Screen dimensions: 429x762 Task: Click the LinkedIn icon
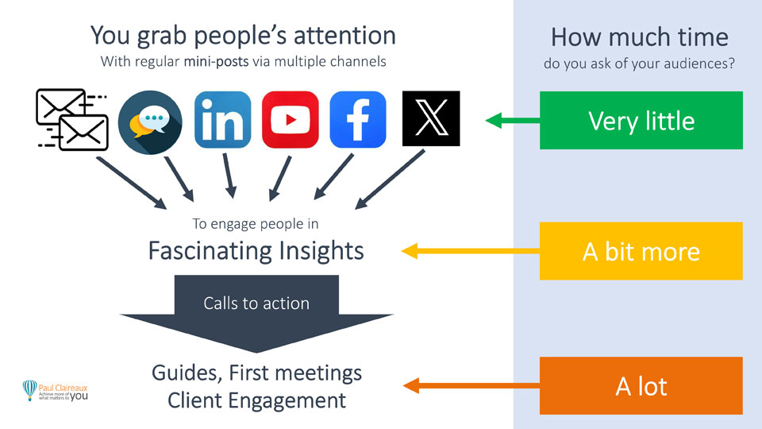click(x=222, y=120)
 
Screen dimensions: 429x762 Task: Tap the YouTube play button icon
click(x=290, y=120)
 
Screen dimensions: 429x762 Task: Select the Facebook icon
click(x=358, y=120)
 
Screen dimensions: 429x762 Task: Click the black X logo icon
click(x=431, y=120)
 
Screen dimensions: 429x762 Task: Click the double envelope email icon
click(x=73, y=120)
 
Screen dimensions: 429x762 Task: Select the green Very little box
click(x=641, y=121)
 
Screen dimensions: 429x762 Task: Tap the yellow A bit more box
click(x=641, y=251)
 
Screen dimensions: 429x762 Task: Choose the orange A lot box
click(x=641, y=386)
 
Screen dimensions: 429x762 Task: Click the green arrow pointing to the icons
click(x=511, y=121)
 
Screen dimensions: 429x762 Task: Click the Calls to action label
click(x=256, y=303)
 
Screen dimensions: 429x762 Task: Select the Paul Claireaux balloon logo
click(x=30, y=389)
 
